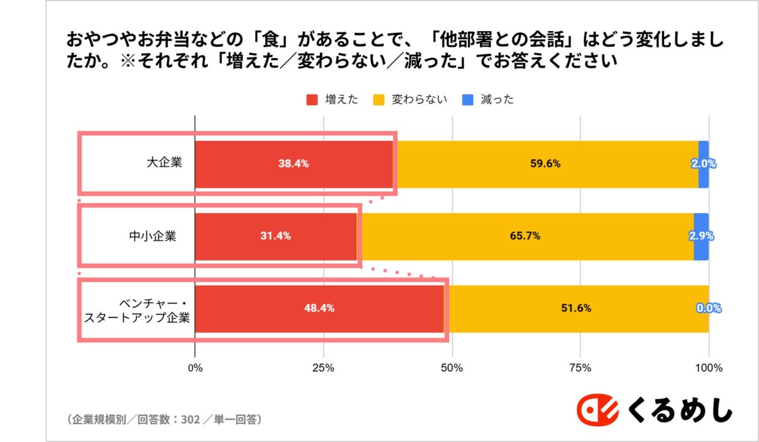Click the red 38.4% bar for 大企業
click(293, 164)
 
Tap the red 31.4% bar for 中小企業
click(276, 236)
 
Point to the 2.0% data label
click(703, 164)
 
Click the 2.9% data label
click(701, 236)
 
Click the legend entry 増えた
click(332, 99)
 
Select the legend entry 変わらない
click(410, 99)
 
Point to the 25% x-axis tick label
click(323, 368)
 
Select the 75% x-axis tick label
click(580, 368)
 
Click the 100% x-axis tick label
click(708, 368)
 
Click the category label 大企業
click(164, 163)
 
